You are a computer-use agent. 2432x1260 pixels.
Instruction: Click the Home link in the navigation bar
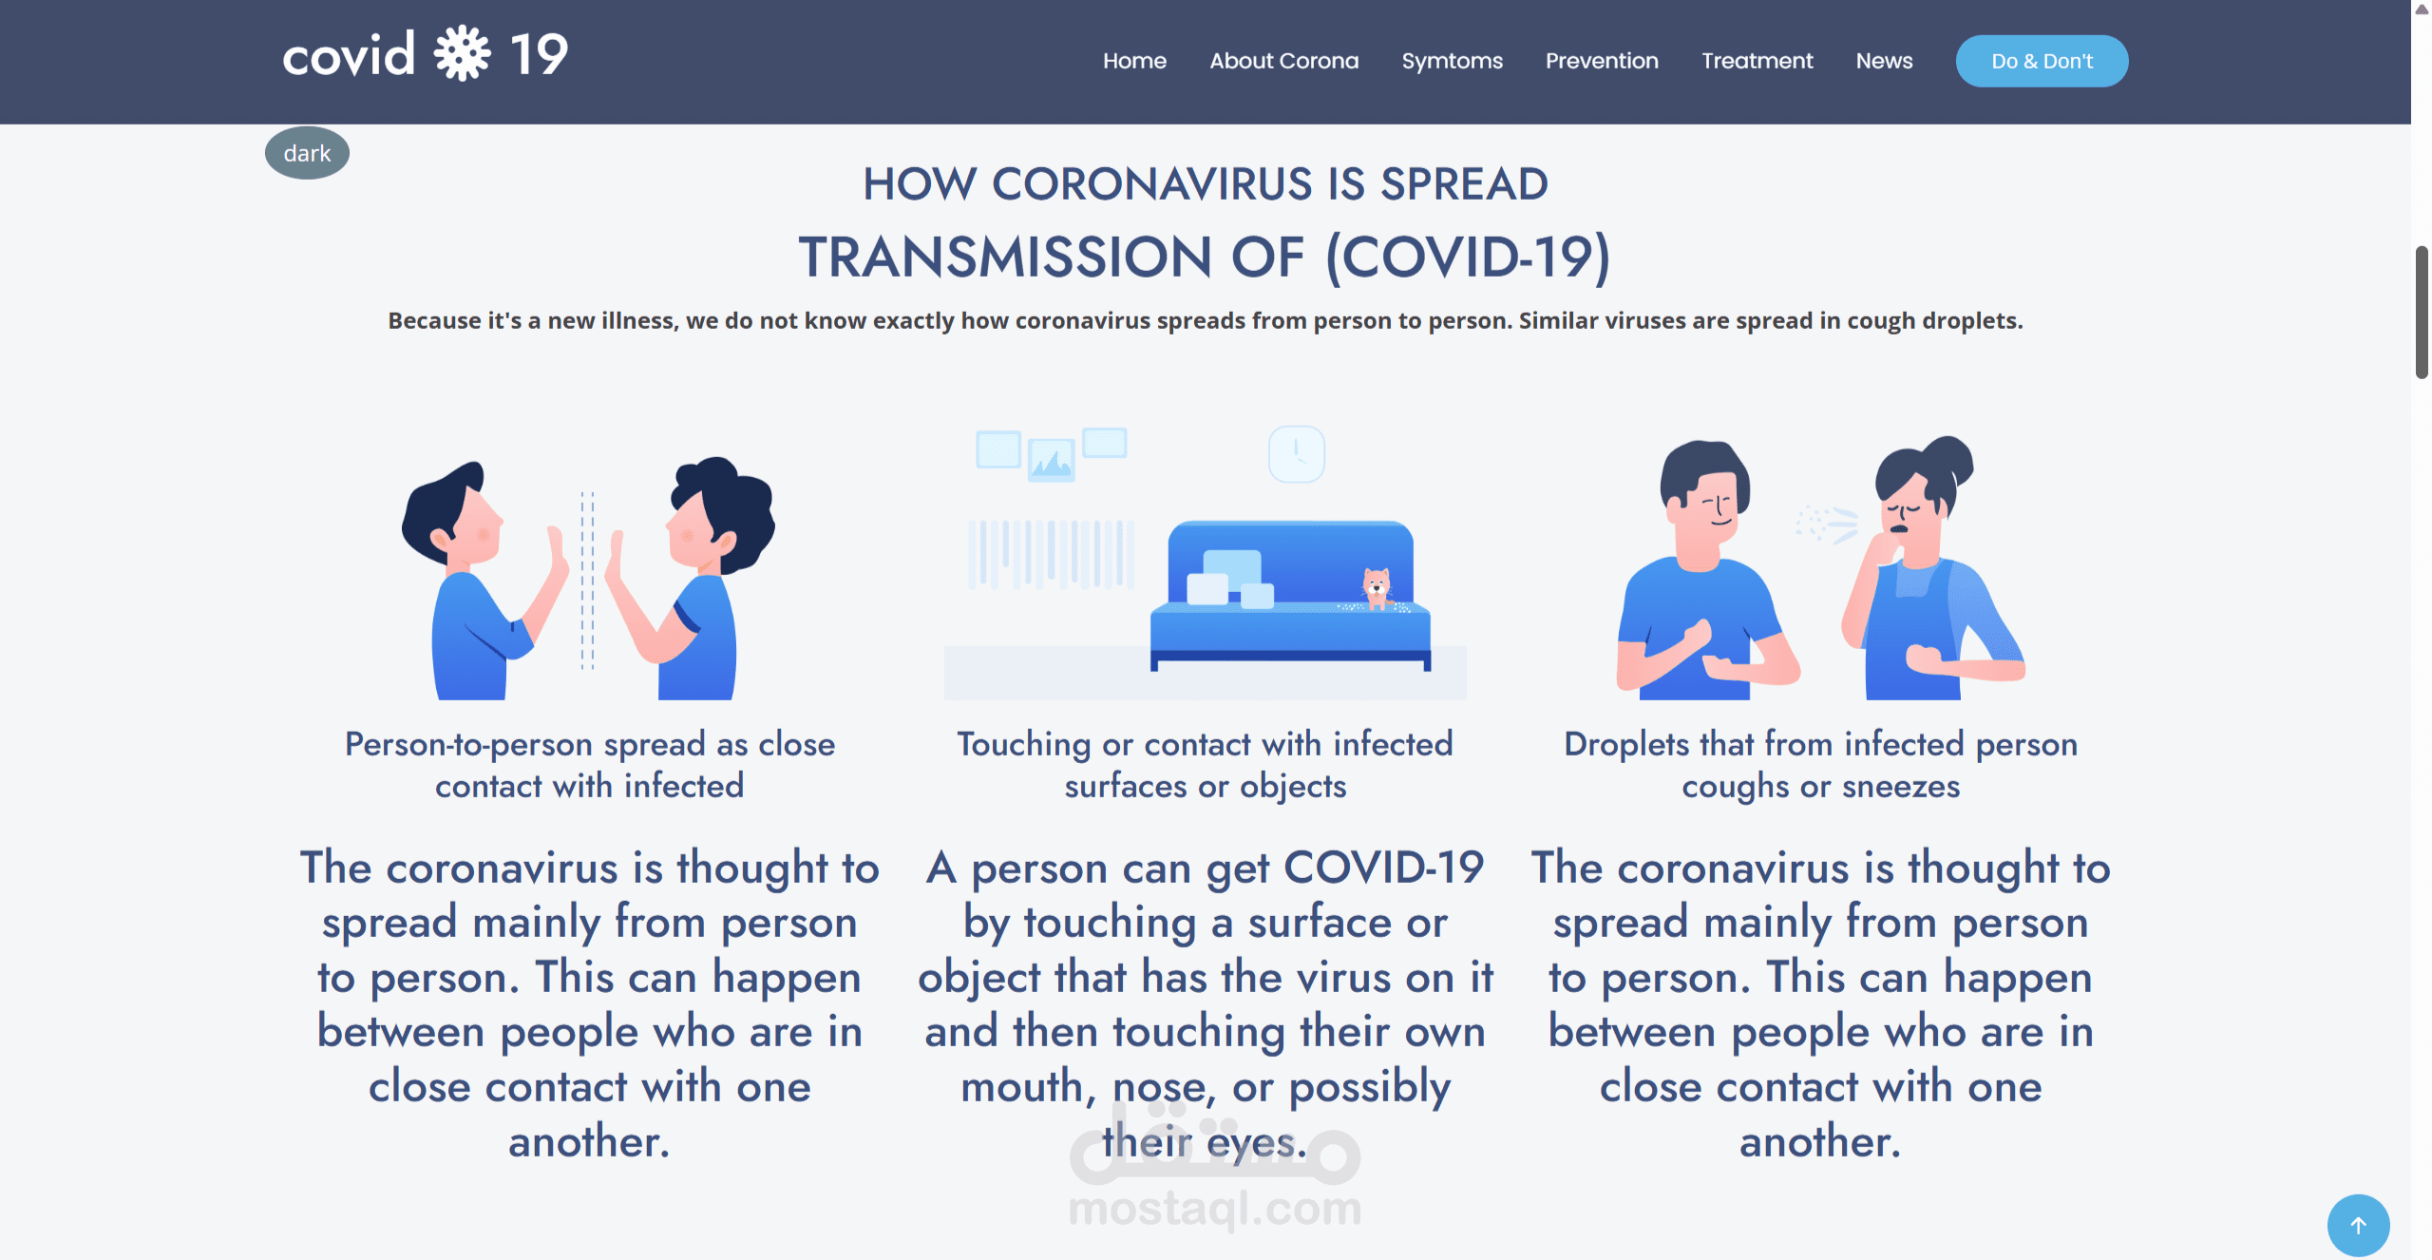[1134, 61]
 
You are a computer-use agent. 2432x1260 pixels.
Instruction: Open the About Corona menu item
[1284, 61]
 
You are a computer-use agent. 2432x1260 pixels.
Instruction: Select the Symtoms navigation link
[1453, 62]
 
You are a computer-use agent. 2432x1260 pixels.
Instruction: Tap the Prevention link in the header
[1602, 61]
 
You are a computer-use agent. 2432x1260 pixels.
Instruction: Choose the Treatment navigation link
[1757, 61]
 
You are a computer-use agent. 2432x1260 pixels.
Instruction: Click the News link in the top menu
[1885, 61]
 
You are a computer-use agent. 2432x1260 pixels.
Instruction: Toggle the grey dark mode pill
[307, 153]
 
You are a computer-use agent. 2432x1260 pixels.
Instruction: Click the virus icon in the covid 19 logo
[463, 53]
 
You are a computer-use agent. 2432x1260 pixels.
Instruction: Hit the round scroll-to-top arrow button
[2358, 1225]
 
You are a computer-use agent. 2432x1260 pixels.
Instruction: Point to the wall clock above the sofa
[1297, 454]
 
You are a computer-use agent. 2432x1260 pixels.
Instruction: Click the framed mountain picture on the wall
[1052, 460]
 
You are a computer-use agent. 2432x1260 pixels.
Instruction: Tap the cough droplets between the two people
[1826, 524]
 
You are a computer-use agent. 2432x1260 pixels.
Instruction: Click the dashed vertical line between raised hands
[587, 581]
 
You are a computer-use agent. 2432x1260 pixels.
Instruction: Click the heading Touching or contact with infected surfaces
[1205, 765]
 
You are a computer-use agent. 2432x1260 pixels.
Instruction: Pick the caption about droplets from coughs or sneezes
[1820, 765]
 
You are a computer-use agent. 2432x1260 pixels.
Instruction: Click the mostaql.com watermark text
[1215, 1208]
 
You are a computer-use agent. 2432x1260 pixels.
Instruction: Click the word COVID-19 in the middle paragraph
[1383, 868]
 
